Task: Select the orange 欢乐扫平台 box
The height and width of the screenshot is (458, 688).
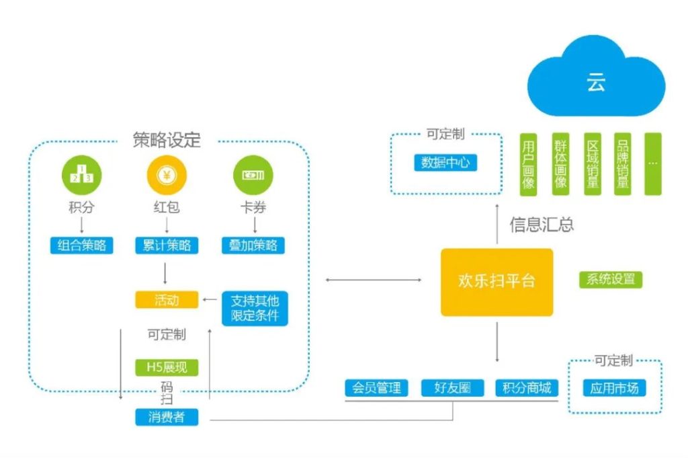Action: click(497, 282)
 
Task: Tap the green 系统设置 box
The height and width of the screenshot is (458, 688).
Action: click(610, 279)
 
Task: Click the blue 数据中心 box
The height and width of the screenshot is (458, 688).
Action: click(445, 162)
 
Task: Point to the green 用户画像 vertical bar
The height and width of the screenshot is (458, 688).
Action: click(528, 163)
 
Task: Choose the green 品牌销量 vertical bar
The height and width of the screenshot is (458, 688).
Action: click(623, 163)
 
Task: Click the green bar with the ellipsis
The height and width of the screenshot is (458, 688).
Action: click(653, 163)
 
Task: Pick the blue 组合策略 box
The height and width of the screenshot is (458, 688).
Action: click(81, 245)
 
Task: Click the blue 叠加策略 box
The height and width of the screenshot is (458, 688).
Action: click(253, 245)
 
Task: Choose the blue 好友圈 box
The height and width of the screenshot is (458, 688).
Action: click(452, 388)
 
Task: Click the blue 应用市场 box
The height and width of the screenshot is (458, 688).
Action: click(613, 388)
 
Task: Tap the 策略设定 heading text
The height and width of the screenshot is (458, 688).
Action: click(167, 141)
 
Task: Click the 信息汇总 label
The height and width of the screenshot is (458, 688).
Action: click(542, 224)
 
